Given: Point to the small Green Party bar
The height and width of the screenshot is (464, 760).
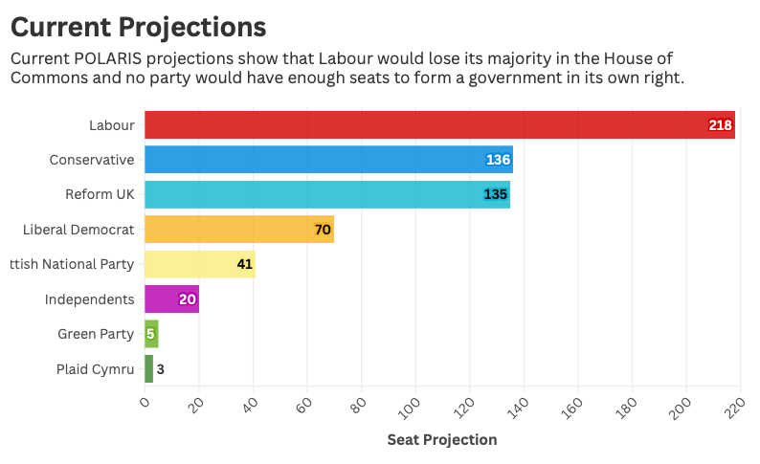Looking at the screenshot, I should point(151,334).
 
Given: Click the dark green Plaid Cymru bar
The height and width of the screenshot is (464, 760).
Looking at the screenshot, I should point(148,369).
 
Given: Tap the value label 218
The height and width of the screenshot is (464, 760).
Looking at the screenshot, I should point(720,125).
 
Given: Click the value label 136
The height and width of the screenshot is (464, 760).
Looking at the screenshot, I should point(498,160).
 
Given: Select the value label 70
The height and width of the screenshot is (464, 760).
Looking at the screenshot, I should point(323,230).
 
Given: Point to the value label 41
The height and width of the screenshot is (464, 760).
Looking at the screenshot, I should point(244,264).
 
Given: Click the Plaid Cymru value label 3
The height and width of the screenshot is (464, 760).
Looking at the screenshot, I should point(161,369).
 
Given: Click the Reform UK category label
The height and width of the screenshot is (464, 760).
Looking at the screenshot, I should point(100,195).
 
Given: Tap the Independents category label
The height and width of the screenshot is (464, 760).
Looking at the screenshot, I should point(89,299).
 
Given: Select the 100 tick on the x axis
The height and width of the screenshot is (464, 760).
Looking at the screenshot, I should point(411,407).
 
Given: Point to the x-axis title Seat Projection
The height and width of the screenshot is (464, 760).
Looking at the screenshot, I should point(441,440).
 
